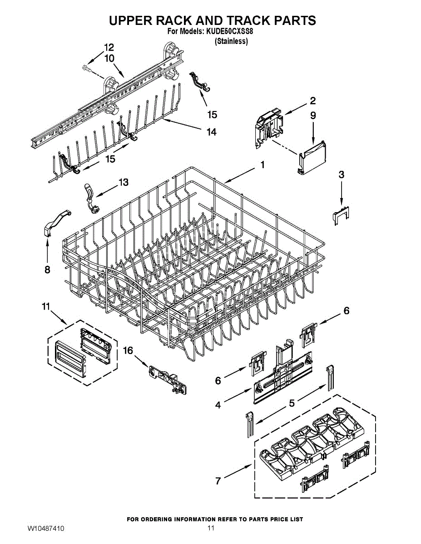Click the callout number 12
tap(109, 47)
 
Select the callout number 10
tap(109, 58)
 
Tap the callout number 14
tap(211, 132)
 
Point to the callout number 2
tap(313, 101)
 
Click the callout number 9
tap(313, 116)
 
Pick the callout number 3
tap(341, 174)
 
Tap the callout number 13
tap(123, 182)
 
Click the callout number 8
tap(47, 270)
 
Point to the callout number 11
tap(45, 307)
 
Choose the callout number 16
tap(128, 350)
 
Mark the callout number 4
tap(218, 405)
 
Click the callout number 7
tap(218, 481)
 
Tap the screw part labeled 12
tap(87, 68)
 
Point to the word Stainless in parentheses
tap(231, 41)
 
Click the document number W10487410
tap(45, 529)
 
